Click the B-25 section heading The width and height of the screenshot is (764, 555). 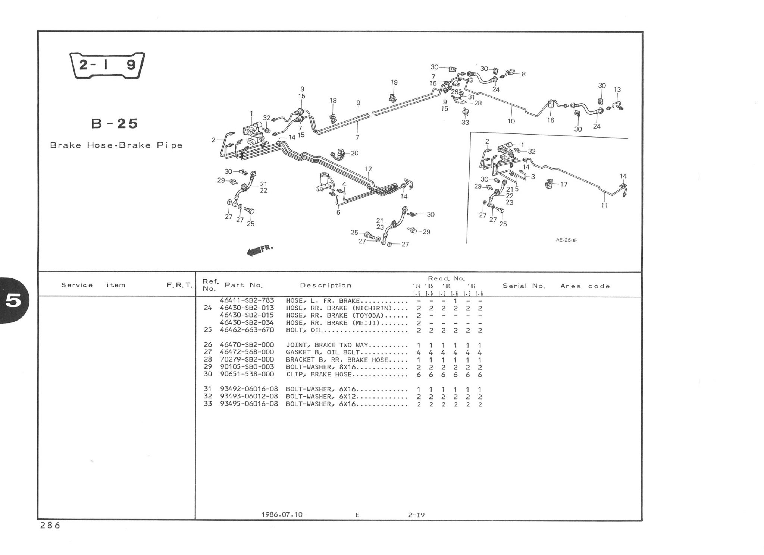[115, 123]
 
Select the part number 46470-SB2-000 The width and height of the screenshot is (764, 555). [247, 345]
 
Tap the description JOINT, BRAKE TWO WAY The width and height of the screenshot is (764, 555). [327, 345]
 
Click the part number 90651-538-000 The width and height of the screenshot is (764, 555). [247, 374]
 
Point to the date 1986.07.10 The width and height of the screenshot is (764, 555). [282, 514]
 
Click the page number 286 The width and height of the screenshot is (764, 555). [49, 526]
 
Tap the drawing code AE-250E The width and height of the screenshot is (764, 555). [566, 240]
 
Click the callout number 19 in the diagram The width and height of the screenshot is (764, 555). [394, 82]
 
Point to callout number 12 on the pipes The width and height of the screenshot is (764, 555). [369, 169]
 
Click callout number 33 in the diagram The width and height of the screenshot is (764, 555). [465, 122]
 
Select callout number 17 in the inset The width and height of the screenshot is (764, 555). [564, 184]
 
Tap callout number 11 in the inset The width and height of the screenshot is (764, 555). [604, 205]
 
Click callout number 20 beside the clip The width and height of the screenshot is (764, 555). [354, 153]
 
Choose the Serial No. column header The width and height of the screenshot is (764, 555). [524, 286]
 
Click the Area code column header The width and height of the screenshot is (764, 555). [585, 286]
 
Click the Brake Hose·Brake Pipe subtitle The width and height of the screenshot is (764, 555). [116, 145]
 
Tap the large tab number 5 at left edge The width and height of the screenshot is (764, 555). [13, 301]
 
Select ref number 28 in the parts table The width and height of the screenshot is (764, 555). [208, 360]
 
